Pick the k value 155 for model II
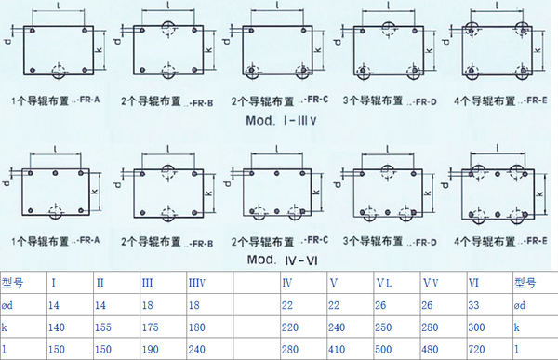click(x=105, y=327)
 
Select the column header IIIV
click(x=197, y=283)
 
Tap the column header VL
click(x=383, y=283)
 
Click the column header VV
click(x=430, y=283)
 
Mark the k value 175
click(x=151, y=327)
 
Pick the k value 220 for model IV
click(x=292, y=327)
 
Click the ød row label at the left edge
click(x=10, y=304)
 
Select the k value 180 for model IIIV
click(x=197, y=327)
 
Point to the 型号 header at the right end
click(x=525, y=283)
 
